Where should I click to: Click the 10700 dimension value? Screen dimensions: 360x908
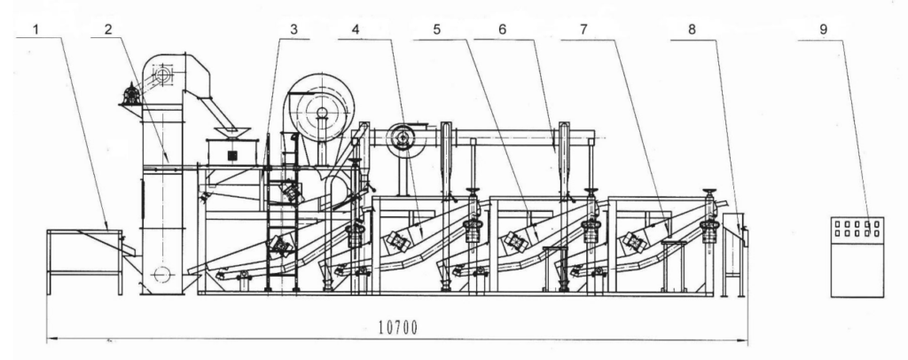point(398,327)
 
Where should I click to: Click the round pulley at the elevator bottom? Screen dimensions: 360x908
point(160,274)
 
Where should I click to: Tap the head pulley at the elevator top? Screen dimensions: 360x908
point(160,75)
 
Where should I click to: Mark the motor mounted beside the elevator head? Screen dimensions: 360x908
point(131,94)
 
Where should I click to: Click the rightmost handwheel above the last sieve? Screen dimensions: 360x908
point(709,193)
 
